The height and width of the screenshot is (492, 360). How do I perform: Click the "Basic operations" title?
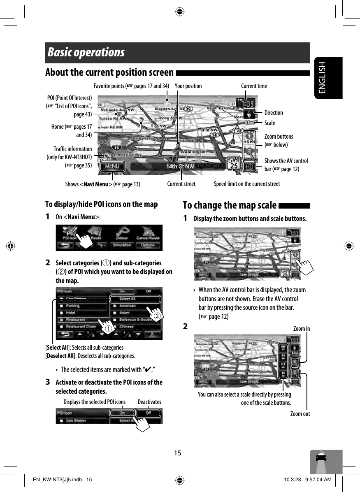[x=86, y=53]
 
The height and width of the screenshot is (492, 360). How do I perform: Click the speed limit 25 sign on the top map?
[x=234, y=164]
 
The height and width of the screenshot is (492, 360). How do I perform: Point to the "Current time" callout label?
[x=254, y=86]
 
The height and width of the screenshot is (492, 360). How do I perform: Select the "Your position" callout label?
[x=188, y=86]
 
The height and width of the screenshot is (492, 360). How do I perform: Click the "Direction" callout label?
[x=274, y=113]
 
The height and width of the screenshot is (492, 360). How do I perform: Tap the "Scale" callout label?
[x=270, y=123]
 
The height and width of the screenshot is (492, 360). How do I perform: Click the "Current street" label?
[x=181, y=184]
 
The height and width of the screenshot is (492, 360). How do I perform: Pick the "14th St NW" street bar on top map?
[x=180, y=167]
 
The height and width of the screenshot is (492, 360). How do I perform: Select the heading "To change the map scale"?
[x=230, y=205]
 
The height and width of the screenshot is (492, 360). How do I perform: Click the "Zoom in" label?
[x=302, y=329]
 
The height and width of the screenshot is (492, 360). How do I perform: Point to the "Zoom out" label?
[x=300, y=414]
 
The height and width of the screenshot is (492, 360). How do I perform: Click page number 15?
[x=177, y=453]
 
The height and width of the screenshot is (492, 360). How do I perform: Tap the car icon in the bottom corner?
[x=321, y=458]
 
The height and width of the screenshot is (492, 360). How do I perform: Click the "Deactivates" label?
[x=149, y=402]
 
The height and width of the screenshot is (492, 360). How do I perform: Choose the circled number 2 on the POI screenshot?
[x=157, y=316]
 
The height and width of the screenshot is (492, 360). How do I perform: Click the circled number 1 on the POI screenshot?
[x=107, y=329]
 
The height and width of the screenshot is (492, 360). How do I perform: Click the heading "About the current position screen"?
[x=109, y=73]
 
